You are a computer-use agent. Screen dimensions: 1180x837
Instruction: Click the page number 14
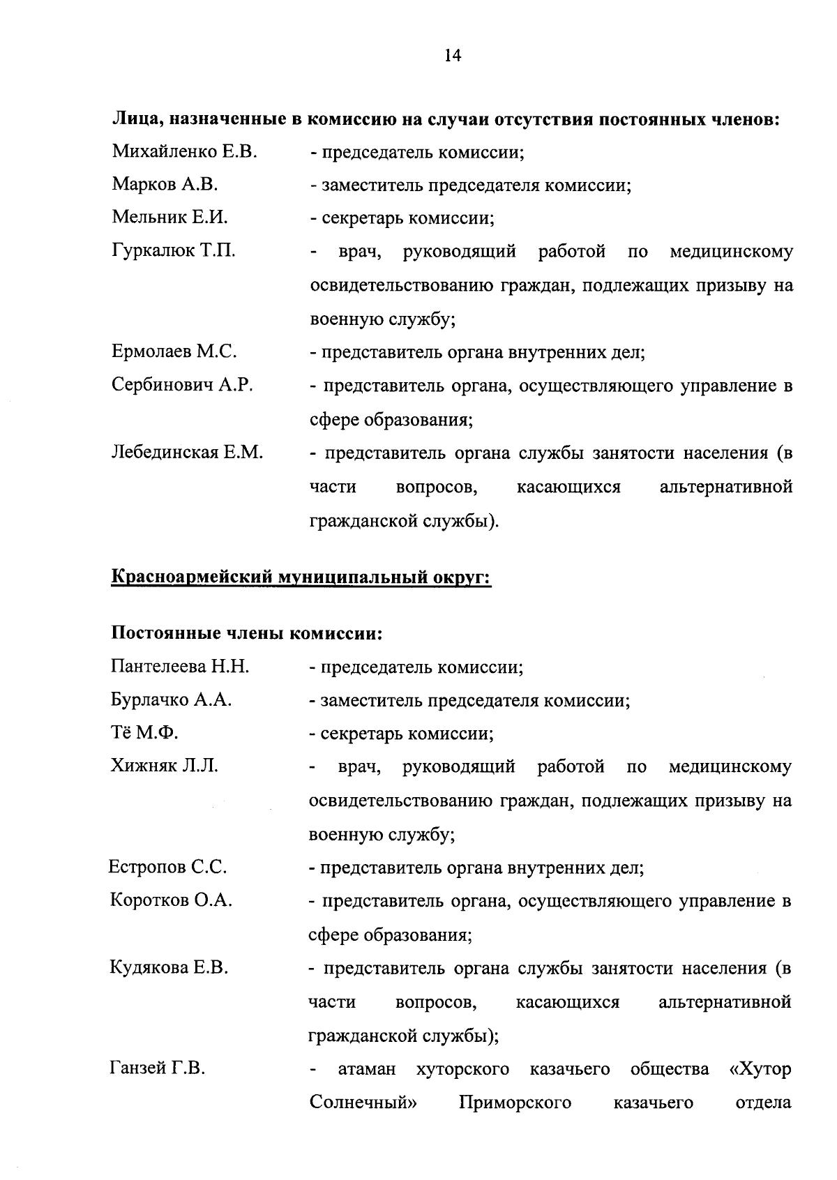pos(452,56)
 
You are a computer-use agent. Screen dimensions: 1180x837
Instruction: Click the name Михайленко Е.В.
pos(184,151)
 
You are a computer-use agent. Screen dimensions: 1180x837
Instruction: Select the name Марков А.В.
pos(165,185)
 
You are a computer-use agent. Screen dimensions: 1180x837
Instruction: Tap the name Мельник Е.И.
pos(169,218)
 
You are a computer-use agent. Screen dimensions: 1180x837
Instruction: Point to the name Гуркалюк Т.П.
pos(173,251)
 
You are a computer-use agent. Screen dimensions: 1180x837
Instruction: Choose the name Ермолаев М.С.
pos(174,352)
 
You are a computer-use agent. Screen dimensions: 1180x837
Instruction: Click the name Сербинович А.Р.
pos(181,385)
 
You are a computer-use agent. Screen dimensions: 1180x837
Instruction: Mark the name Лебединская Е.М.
pos(187,453)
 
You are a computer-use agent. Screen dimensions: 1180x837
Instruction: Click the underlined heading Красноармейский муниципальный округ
pos(301,578)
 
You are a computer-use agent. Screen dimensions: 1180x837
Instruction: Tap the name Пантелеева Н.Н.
pos(180,667)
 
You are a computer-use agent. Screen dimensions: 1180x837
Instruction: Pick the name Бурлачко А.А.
pos(171,700)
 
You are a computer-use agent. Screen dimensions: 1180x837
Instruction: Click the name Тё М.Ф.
pos(144,733)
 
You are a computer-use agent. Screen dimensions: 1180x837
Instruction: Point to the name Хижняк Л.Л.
pos(164,766)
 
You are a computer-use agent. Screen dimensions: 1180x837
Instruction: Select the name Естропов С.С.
pos(167,868)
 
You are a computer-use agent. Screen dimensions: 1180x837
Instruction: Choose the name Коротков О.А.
pos(171,900)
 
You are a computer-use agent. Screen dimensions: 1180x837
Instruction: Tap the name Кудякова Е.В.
pos(169,968)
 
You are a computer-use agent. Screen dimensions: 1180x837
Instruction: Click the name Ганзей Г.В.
pos(157,1068)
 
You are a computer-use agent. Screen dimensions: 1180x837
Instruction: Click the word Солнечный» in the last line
pos(359,1103)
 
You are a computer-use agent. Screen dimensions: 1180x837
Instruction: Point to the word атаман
pos(367,1069)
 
